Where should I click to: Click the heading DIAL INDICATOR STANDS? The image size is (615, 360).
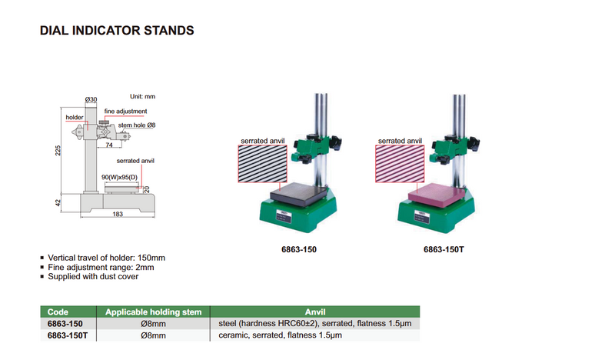pos(115,32)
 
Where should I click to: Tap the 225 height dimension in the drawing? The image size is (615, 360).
pos(58,151)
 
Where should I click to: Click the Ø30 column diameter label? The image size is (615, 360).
pos(91,100)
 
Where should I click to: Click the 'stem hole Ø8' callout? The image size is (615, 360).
pos(138,124)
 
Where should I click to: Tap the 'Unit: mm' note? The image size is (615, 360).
pos(142,96)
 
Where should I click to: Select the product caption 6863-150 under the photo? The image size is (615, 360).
pos(295,250)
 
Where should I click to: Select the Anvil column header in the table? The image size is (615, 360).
pos(315,312)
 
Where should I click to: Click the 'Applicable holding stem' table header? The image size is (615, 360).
pos(153,312)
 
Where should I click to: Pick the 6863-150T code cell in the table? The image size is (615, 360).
pos(68,336)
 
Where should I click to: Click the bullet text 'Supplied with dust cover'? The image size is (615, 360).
pos(94,276)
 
